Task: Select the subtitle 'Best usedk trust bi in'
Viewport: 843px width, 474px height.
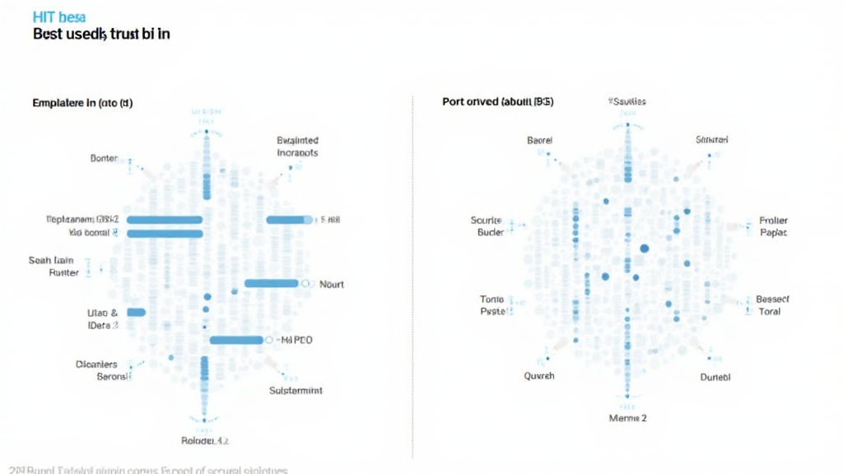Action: pos(101,35)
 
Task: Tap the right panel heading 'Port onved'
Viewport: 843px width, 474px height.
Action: pos(497,102)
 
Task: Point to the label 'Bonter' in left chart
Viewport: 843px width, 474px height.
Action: pos(104,157)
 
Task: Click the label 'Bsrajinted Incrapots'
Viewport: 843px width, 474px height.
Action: pos(298,146)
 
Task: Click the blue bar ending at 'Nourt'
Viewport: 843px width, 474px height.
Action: pos(272,283)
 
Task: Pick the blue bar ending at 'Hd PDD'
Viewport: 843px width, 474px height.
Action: pos(236,340)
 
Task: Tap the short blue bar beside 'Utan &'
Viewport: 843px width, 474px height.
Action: pos(136,313)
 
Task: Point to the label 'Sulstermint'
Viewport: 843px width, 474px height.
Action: pos(296,390)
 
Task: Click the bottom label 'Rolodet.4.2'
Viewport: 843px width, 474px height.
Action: pos(204,440)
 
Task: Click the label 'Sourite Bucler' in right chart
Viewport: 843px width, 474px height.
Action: pos(486,226)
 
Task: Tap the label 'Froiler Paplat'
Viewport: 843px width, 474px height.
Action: pos(773,226)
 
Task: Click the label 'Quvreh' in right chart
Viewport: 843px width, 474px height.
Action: pos(539,375)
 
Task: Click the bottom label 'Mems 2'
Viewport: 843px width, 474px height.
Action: pos(627,418)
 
